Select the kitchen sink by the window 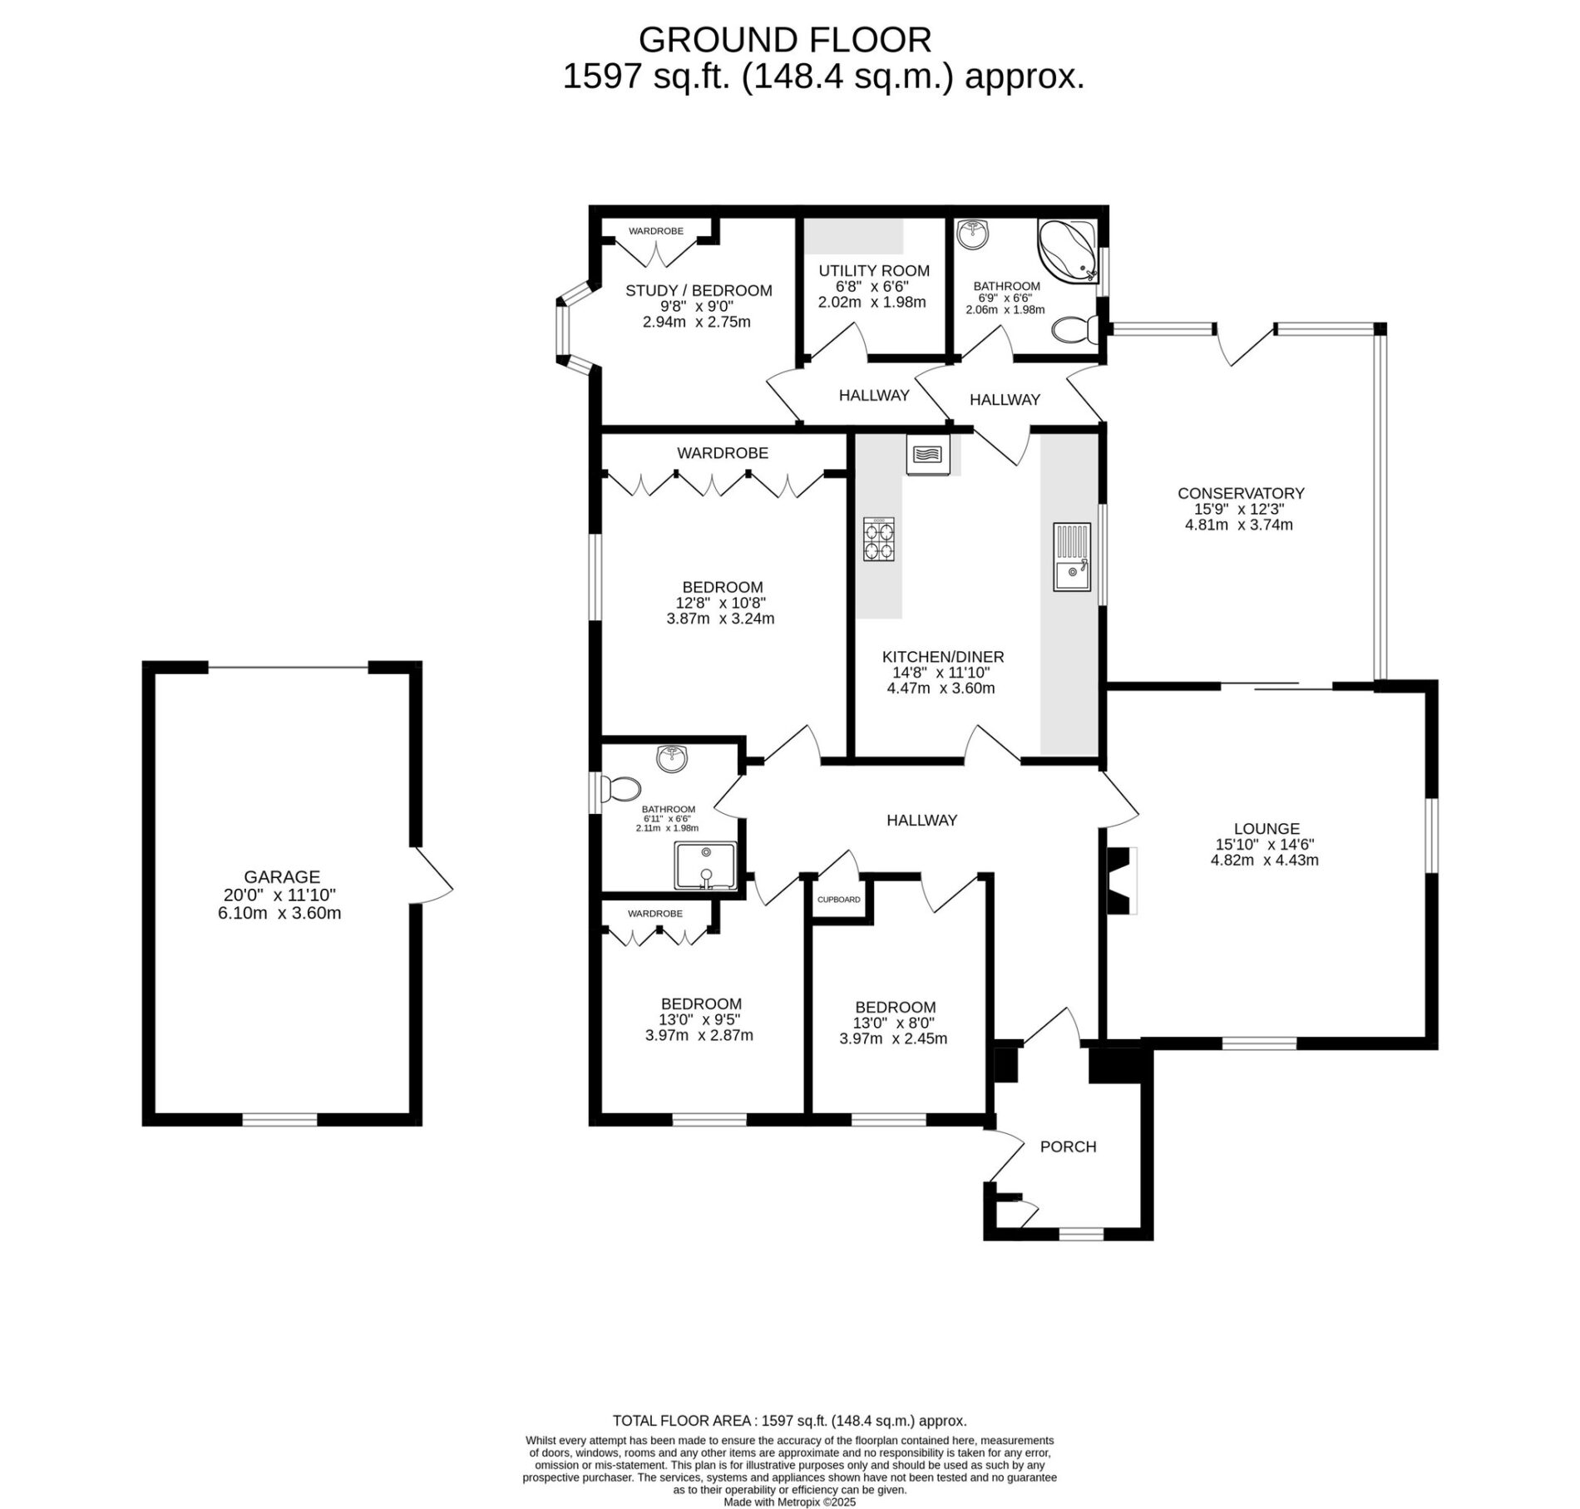tap(1072, 557)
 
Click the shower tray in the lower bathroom tap(705, 865)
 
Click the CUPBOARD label tap(839, 900)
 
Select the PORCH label tap(1068, 1147)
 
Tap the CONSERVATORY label tap(1241, 493)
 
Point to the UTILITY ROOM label tap(874, 271)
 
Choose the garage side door tap(432, 874)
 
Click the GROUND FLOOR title tap(785, 39)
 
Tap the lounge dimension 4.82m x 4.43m tap(1265, 860)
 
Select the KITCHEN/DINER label tap(943, 657)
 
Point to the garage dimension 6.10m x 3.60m tap(282, 913)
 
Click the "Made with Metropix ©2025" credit tap(789, 1502)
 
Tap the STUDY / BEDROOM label tap(699, 291)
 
